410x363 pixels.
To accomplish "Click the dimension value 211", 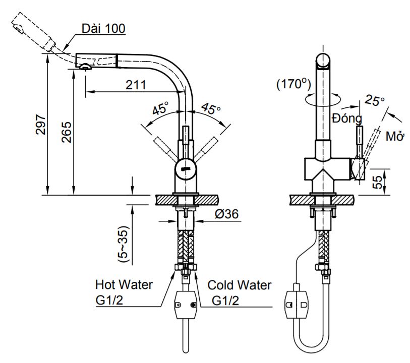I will [x=136, y=85].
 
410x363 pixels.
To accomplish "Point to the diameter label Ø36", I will [x=226, y=214].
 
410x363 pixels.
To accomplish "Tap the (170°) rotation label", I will [x=294, y=84].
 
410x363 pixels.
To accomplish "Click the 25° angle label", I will [x=375, y=100].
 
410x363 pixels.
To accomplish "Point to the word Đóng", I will [x=347, y=119].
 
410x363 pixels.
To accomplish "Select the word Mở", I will [x=395, y=137].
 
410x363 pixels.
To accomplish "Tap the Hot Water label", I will [x=124, y=285].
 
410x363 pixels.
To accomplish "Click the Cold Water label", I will [x=240, y=285].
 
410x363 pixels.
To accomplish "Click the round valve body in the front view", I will [x=185, y=169].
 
